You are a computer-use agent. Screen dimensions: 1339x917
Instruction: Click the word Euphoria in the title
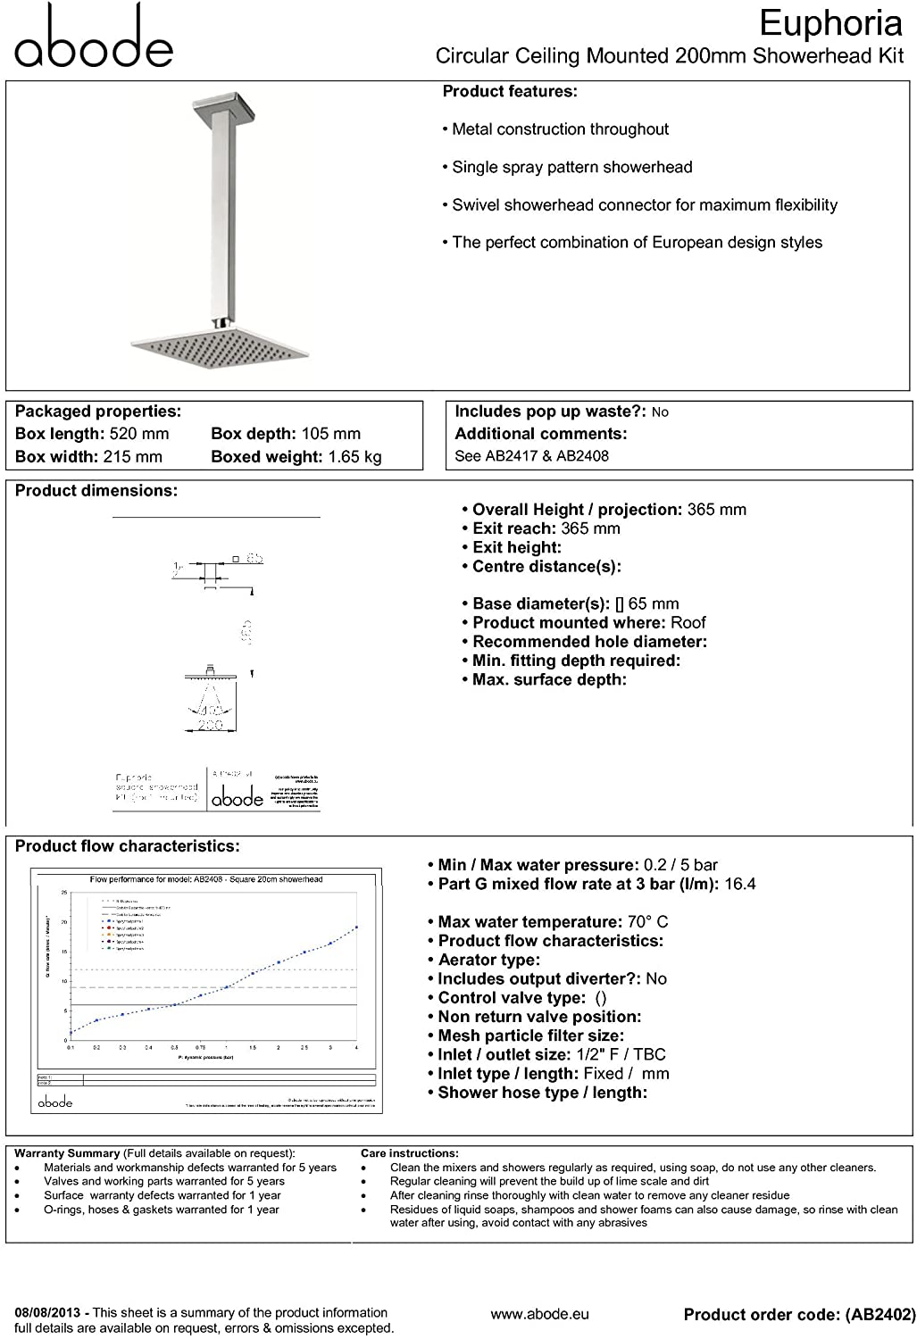tap(830, 23)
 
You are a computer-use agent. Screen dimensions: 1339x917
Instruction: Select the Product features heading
tap(510, 91)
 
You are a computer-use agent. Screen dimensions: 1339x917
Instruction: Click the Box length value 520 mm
tap(138, 434)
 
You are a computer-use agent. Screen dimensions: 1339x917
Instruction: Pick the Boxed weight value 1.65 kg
tap(354, 456)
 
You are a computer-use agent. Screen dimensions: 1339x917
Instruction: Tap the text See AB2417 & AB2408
tap(531, 455)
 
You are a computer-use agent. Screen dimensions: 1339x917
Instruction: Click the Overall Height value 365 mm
tap(716, 510)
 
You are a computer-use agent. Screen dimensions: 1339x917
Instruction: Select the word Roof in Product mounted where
tap(688, 622)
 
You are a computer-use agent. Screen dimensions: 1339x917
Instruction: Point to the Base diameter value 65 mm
tap(653, 603)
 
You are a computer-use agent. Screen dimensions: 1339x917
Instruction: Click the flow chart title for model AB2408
tap(206, 879)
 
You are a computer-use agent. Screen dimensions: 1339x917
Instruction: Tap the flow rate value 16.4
tap(740, 884)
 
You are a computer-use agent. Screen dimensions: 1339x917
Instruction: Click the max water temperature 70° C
tap(647, 922)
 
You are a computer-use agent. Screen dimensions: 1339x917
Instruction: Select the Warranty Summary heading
tap(67, 1153)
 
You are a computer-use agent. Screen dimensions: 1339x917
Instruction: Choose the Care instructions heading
tap(410, 1153)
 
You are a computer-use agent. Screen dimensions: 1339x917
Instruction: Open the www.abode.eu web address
tap(539, 1314)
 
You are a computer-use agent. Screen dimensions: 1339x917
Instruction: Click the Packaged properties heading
tap(98, 412)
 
